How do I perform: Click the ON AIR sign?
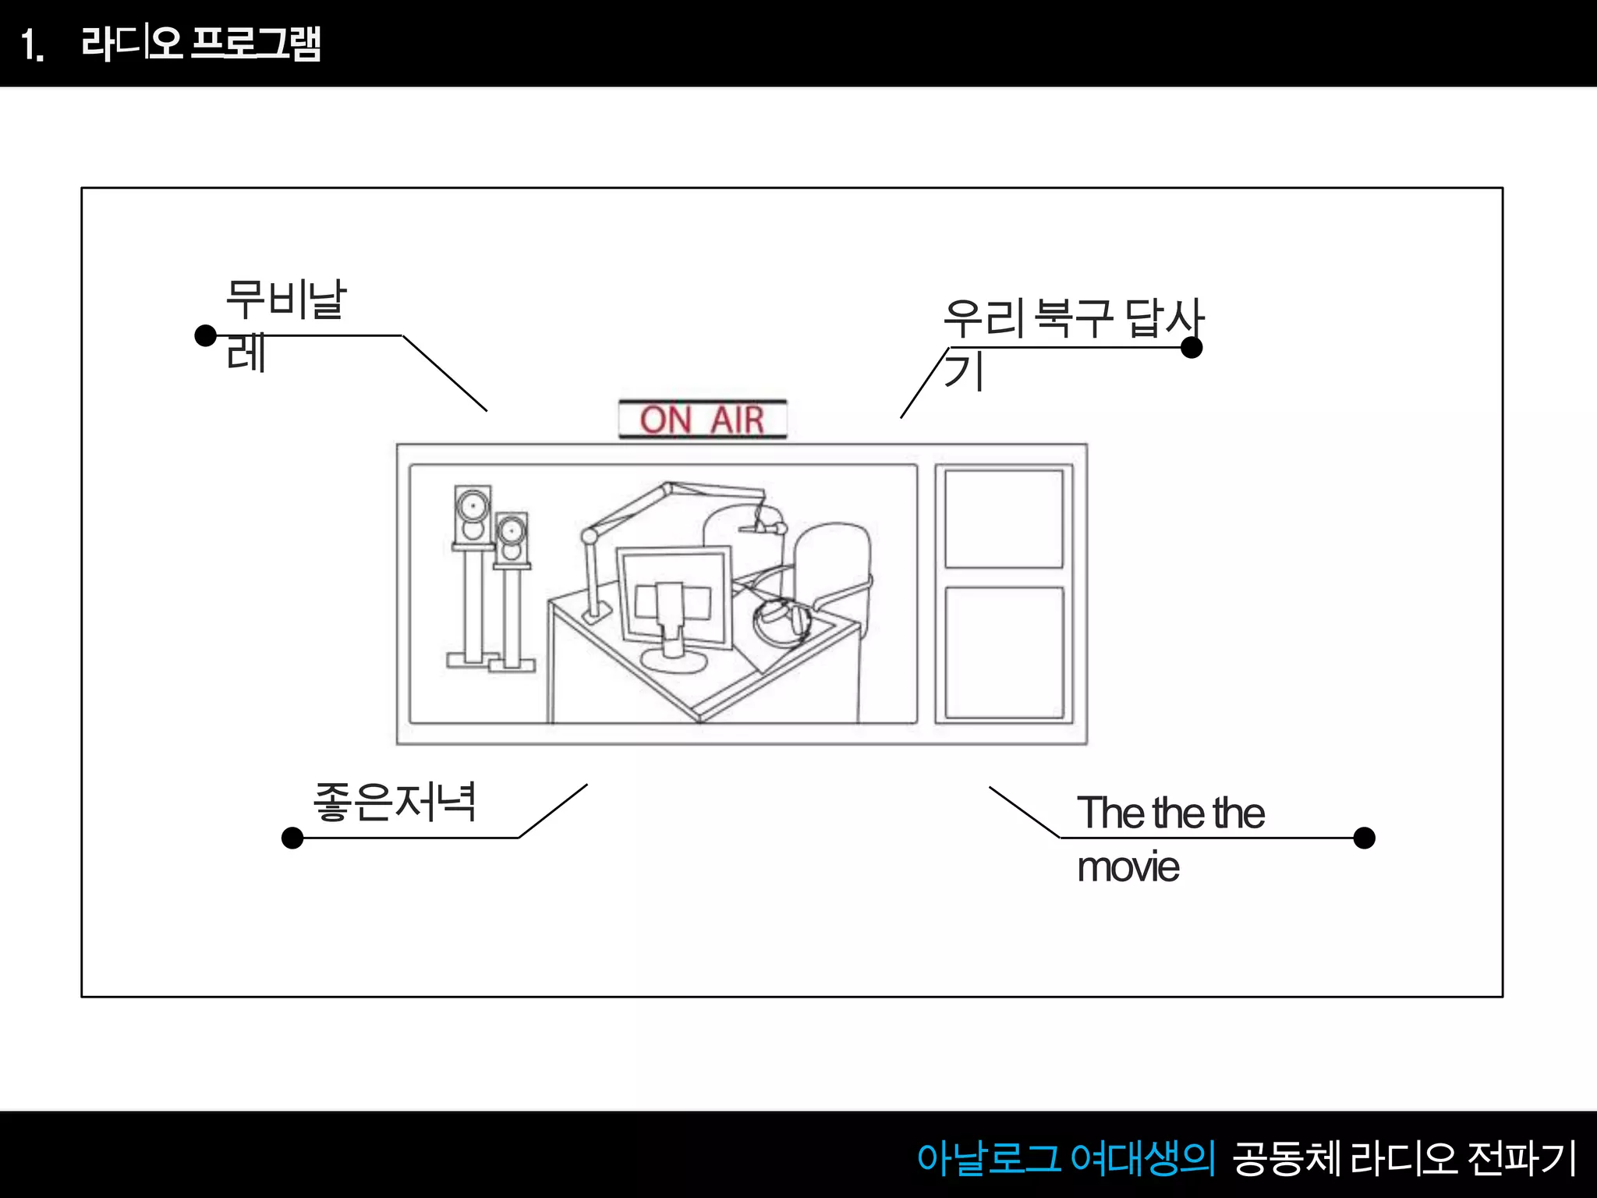pyautogui.click(x=703, y=420)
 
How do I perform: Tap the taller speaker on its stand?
pyautogui.click(x=473, y=515)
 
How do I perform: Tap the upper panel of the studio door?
pyautogui.click(x=1004, y=519)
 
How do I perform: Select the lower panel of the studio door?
pyautogui.click(x=1004, y=652)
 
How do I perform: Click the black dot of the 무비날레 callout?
pyautogui.click(x=205, y=335)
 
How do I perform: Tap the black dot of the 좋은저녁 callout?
pyautogui.click(x=292, y=838)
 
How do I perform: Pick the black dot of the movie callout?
pyautogui.click(x=1364, y=838)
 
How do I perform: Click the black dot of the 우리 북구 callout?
pyautogui.click(x=1192, y=348)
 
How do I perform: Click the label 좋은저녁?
pyautogui.click(x=395, y=802)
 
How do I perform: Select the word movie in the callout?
pyautogui.click(x=1128, y=867)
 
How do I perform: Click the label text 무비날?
pyautogui.click(x=285, y=299)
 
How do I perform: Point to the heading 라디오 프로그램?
pyautogui.click(x=201, y=43)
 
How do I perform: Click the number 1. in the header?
pyautogui.click(x=32, y=44)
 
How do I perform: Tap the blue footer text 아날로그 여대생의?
pyautogui.click(x=1065, y=1157)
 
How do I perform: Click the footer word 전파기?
pyautogui.click(x=1521, y=1157)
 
